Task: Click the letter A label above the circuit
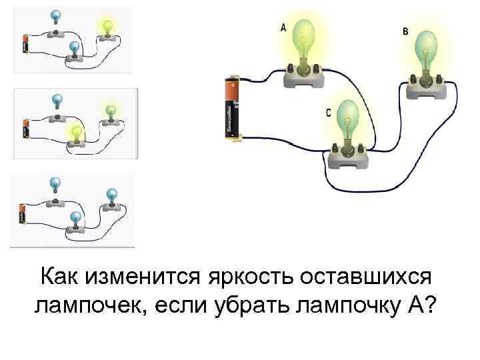(283, 27)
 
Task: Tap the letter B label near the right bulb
(406, 31)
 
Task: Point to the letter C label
(329, 113)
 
